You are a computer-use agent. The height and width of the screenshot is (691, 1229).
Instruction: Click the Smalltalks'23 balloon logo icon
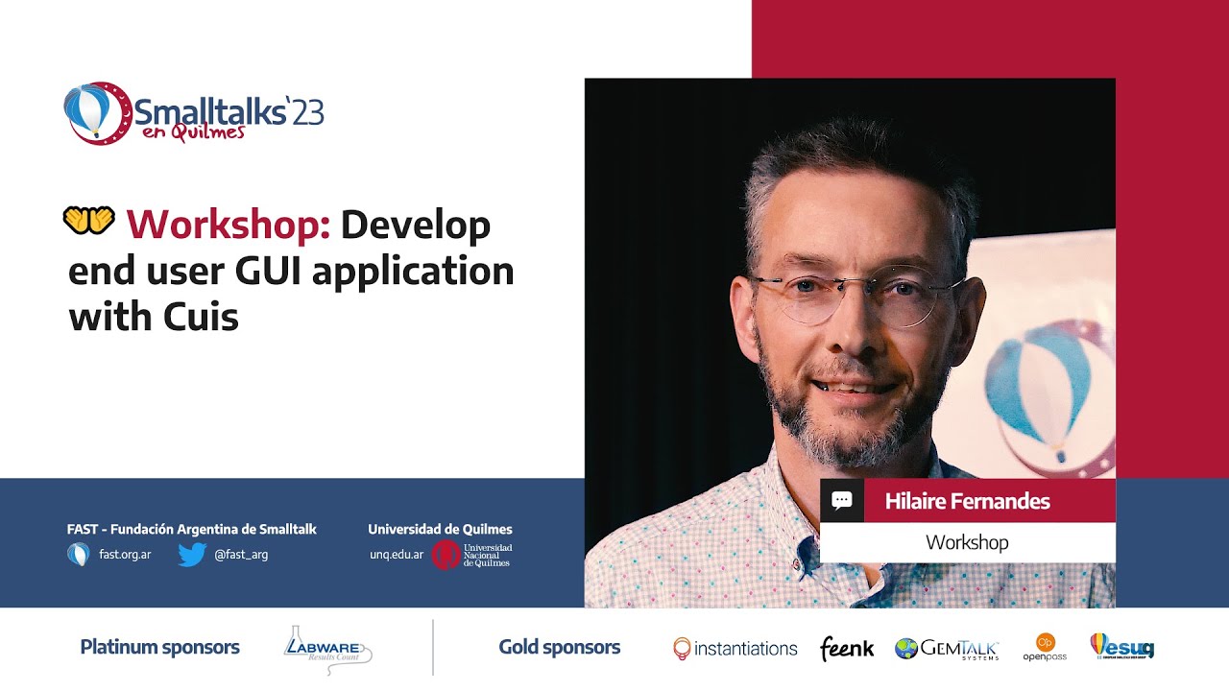tap(96, 112)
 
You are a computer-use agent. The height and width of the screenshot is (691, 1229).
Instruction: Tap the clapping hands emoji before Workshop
tap(88, 222)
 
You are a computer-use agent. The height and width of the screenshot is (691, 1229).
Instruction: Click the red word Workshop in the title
tap(229, 225)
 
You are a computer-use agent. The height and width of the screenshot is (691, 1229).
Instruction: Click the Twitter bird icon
tap(192, 555)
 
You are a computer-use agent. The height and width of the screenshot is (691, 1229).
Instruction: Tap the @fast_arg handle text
tap(241, 555)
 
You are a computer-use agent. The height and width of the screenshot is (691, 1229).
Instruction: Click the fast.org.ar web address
tap(125, 555)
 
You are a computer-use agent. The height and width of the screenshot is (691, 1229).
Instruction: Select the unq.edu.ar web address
tap(397, 555)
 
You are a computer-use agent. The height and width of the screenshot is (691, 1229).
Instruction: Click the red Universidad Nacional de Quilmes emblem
tap(445, 555)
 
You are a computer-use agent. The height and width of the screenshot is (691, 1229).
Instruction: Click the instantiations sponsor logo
tap(735, 649)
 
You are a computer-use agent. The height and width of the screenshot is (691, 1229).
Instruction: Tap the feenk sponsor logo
tap(847, 649)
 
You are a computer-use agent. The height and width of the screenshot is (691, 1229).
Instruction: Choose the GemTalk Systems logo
tap(948, 649)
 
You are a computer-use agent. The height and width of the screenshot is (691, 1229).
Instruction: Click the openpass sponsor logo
tap(1045, 648)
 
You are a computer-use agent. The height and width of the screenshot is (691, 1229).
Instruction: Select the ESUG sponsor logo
tap(1121, 647)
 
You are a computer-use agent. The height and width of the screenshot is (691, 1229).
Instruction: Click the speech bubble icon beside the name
tap(842, 501)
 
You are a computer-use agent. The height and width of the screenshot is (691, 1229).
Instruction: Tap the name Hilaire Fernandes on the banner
tap(967, 501)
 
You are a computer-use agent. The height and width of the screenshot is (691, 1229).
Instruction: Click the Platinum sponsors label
tap(160, 648)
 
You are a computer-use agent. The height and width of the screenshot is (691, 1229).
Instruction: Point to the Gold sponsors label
tap(560, 648)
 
